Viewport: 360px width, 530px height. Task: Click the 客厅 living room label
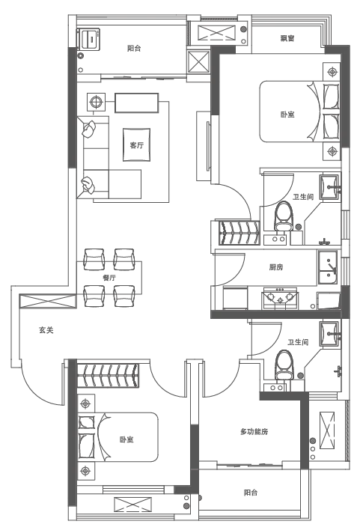tap(136, 145)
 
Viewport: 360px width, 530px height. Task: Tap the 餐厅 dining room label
tap(109, 278)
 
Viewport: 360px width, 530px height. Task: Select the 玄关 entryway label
tap(46, 330)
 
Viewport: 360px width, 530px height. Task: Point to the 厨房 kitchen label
tap(276, 267)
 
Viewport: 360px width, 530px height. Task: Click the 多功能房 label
tap(254, 432)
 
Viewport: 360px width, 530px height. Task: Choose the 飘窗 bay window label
tap(287, 38)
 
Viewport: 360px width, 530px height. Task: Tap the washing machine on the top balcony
tap(88, 38)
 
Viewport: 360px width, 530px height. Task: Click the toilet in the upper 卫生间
tap(283, 217)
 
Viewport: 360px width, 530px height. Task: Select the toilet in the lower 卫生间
tap(284, 365)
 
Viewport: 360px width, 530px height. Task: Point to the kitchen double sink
tap(327, 268)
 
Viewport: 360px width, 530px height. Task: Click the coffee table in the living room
tap(136, 144)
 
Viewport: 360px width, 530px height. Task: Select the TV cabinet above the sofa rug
tap(136, 103)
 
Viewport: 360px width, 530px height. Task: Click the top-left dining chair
tap(94, 260)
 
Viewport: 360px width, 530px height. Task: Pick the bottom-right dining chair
tap(124, 296)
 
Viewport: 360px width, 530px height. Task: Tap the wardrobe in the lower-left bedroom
tap(109, 375)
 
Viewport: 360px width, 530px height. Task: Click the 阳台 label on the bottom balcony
tap(251, 493)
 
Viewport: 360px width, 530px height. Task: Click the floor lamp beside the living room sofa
tap(96, 101)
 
